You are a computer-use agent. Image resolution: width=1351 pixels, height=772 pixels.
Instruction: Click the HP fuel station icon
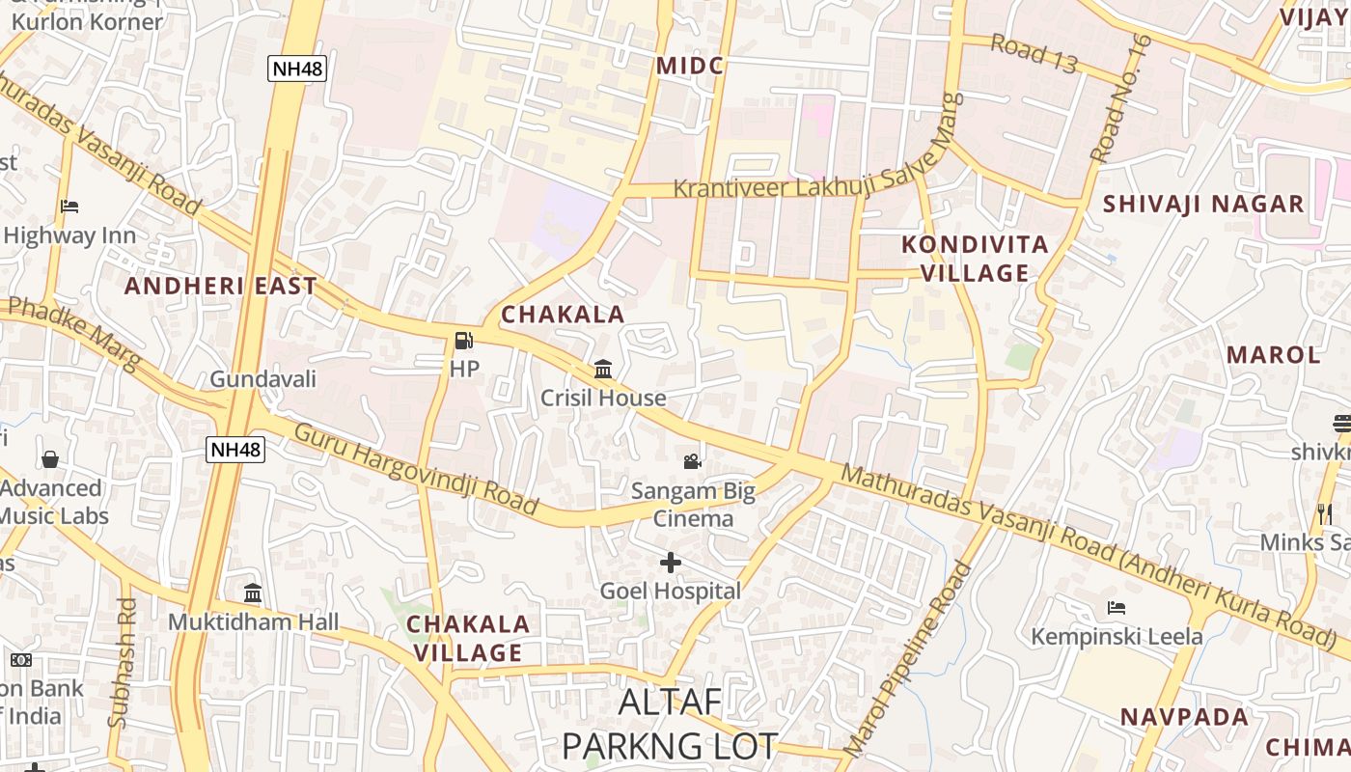(463, 341)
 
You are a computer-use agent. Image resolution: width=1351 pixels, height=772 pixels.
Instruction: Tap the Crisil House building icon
(603, 369)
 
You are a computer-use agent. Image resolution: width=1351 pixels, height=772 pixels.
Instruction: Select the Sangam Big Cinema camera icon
(692, 461)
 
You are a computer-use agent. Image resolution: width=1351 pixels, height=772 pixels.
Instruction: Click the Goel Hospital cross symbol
(671, 562)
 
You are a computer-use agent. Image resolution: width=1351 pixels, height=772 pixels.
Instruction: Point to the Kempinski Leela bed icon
(1117, 608)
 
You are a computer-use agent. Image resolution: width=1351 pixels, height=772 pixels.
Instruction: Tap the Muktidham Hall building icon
(253, 593)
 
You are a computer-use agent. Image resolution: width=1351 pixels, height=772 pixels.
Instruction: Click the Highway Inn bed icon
(69, 207)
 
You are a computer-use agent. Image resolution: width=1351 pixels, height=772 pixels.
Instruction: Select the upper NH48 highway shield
(296, 69)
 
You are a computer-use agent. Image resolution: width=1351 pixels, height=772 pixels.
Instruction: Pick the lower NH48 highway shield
(235, 449)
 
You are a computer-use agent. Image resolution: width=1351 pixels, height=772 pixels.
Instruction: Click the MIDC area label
(689, 66)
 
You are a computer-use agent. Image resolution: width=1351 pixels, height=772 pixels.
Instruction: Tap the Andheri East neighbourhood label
(220, 286)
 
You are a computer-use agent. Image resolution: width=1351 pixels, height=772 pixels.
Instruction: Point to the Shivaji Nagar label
(1203, 204)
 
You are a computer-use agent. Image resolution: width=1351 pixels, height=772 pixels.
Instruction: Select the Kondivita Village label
(975, 259)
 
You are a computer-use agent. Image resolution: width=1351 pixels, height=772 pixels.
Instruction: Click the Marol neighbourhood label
(1273, 354)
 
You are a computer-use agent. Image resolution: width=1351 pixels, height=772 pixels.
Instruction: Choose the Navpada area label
(1184, 717)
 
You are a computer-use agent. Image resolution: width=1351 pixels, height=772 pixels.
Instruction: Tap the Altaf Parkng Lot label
(670, 724)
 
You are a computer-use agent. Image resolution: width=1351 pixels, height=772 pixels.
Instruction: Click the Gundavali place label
(262, 379)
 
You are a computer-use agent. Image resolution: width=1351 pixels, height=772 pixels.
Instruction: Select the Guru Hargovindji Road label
(416, 468)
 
